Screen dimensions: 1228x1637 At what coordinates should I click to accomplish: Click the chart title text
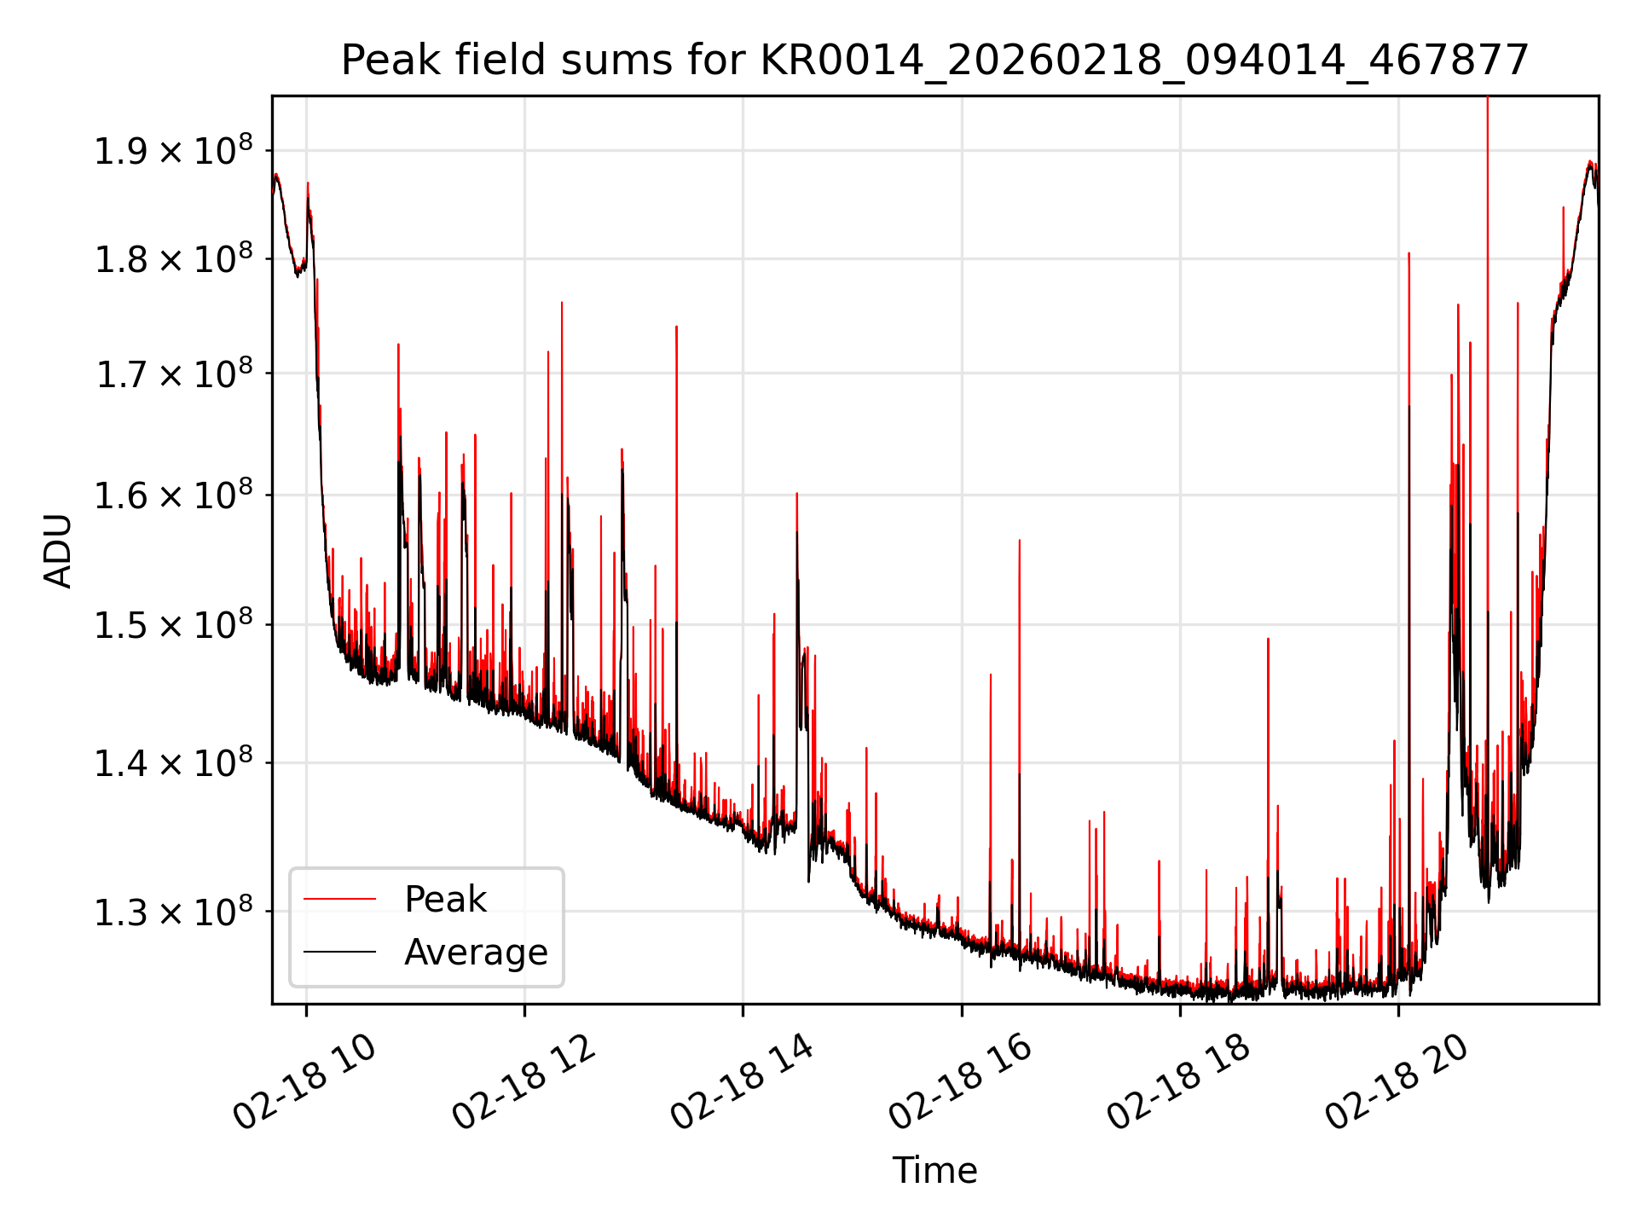(x=934, y=61)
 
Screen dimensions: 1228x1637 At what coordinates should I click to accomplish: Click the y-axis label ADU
(x=58, y=550)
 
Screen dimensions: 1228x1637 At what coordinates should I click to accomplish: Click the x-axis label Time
(x=934, y=1170)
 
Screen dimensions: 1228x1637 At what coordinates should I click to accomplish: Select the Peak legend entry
(x=445, y=899)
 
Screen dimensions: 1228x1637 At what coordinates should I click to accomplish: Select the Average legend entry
(x=476, y=952)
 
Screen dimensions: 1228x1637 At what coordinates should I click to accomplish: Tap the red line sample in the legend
(x=339, y=899)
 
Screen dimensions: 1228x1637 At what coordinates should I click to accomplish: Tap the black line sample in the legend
(x=339, y=952)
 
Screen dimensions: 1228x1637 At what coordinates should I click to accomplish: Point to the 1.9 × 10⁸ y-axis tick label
(x=173, y=151)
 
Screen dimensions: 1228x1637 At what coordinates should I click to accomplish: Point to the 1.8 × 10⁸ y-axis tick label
(x=173, y=258)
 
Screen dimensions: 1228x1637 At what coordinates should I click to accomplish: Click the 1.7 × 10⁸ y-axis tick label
(x=173, y=373)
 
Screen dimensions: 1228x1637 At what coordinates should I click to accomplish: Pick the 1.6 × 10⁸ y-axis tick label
(x=173, y=495)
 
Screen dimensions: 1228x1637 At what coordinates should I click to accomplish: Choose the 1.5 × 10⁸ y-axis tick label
(x=173, y=624)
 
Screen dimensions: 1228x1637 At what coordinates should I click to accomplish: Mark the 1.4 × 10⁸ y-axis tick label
(x=173, y=762)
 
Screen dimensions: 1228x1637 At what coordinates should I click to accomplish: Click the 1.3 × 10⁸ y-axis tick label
(x=173, y=911)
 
